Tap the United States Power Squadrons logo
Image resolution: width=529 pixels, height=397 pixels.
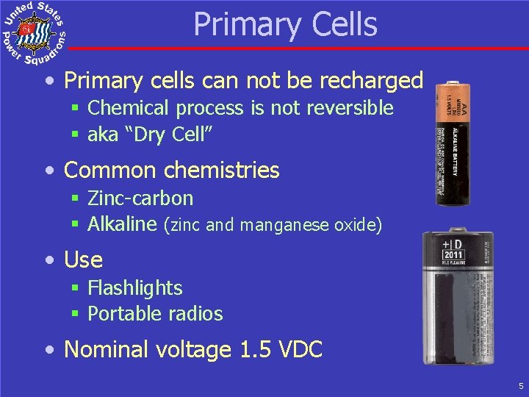pos(34,33)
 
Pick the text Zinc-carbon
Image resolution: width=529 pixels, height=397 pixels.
pos(140,198)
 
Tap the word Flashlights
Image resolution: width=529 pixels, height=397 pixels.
pos(134,288)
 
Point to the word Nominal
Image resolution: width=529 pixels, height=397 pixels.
pos(105,350)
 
